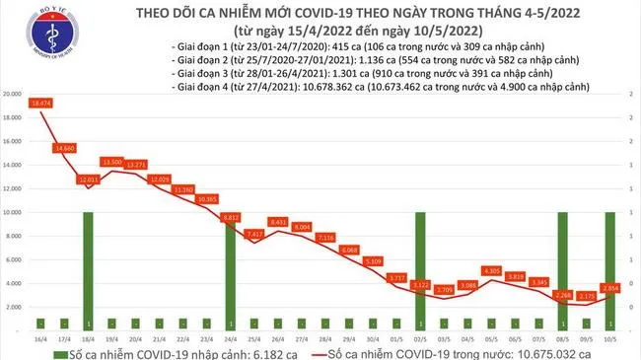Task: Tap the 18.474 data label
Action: point(40,104)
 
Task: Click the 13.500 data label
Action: point(111,162)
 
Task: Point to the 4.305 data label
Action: point(491,270)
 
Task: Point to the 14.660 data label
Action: point(65,148)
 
